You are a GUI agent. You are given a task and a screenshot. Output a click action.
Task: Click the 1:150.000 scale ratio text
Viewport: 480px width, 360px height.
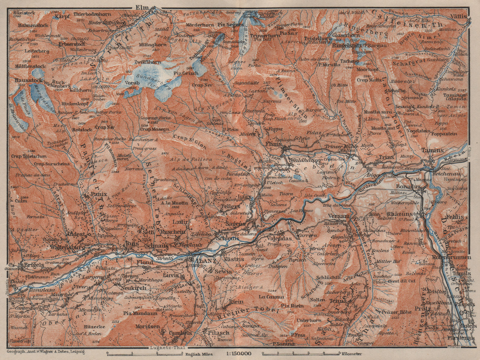pyautogui.click(x=236, y=354)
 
